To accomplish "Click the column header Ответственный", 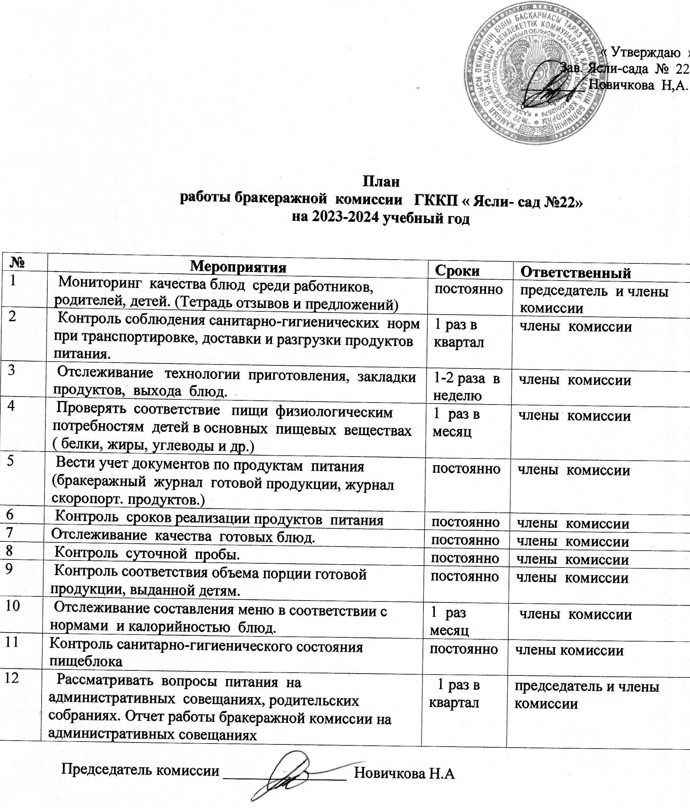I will point(576,273).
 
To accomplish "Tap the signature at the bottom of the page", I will point(285,766).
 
